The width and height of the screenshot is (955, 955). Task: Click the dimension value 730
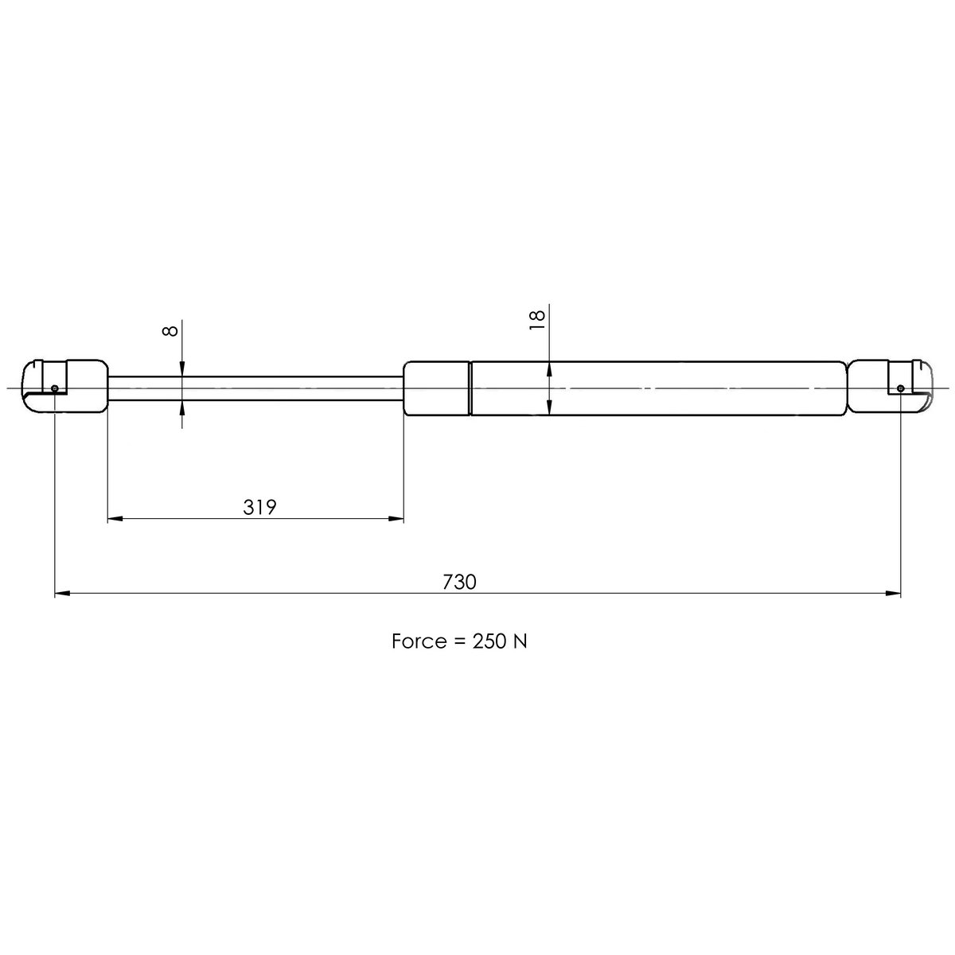pyautogui.click(x=459, y=582)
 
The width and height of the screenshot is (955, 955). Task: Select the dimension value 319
pyautogui.click(x=259, y=508)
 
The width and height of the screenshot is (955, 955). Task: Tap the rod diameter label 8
pyautogui.click(x=170, y=330)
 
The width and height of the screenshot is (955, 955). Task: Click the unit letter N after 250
pyautogui.click(x=520, y=641)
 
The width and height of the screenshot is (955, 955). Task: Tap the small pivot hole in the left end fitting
pyautogui.click(x=54, y=388)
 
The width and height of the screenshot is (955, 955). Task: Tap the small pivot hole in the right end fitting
pyautogui.click(x=900, y=388)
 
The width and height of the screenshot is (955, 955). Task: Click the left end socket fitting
pyautogui.click(x=64, y=387)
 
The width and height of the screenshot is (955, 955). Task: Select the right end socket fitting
pyautogui.click(x=890, y=387)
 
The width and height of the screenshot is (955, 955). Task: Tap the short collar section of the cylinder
pyautogui.click(x=437, y=388)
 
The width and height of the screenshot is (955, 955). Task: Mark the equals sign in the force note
pyautogui.click(x=458, y=641)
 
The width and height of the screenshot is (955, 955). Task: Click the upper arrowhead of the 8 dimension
pyautogui.click(x=182, y=368)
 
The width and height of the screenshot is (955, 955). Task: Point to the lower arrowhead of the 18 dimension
pyautogui.click(x=550, y=407)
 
